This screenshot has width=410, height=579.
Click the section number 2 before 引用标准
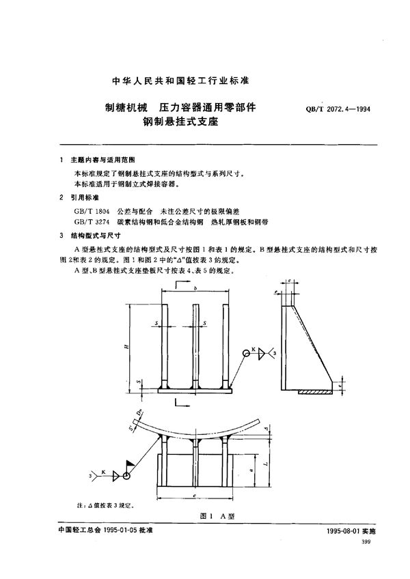click(62, 196)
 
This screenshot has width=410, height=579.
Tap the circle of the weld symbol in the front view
click(247, 353)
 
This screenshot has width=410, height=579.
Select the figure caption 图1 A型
click(205, 517)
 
